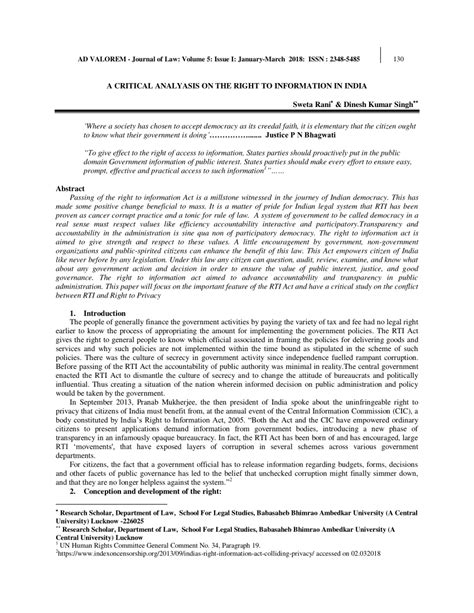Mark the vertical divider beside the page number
[x=381, y=56]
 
